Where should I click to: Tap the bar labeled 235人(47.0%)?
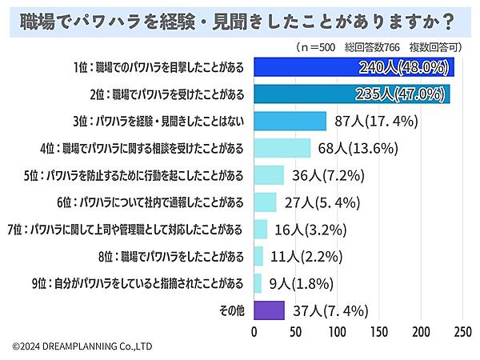point(352,94)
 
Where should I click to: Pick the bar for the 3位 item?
point(290,122)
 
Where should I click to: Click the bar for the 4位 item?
point(282,148)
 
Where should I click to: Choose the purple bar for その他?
point(269,310)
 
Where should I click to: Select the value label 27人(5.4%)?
point(315,202)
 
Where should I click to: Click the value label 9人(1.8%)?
point(297,283)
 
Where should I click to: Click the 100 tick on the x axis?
point(338,330)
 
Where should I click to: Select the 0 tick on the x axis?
point(254,330)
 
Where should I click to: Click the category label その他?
point(230,310)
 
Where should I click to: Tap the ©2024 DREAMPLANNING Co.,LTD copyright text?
point(82,346)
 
